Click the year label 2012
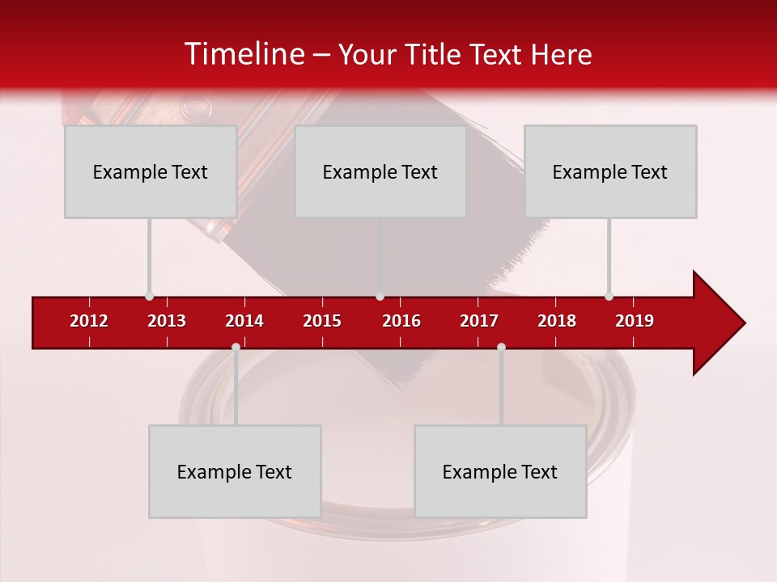coord(89,321)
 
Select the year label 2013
coord(167,321)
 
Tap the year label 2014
coord(244,321)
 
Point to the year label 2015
coord(322,321)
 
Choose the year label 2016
coord(401,321)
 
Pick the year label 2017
coord(479,321)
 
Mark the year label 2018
coord(557,321)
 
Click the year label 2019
coord(635,321)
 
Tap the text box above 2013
coord(151,172)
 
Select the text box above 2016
coord(380,172)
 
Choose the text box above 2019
coord(610,172)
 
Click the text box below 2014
coord(235,471)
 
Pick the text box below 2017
coord(500,471)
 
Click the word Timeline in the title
coord(244,54)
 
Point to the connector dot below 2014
coord(236,347)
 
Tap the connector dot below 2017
coord(501,347)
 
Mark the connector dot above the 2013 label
coord(149,296)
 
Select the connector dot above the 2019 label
coord(609,296)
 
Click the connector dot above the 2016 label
coord(380,296)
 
